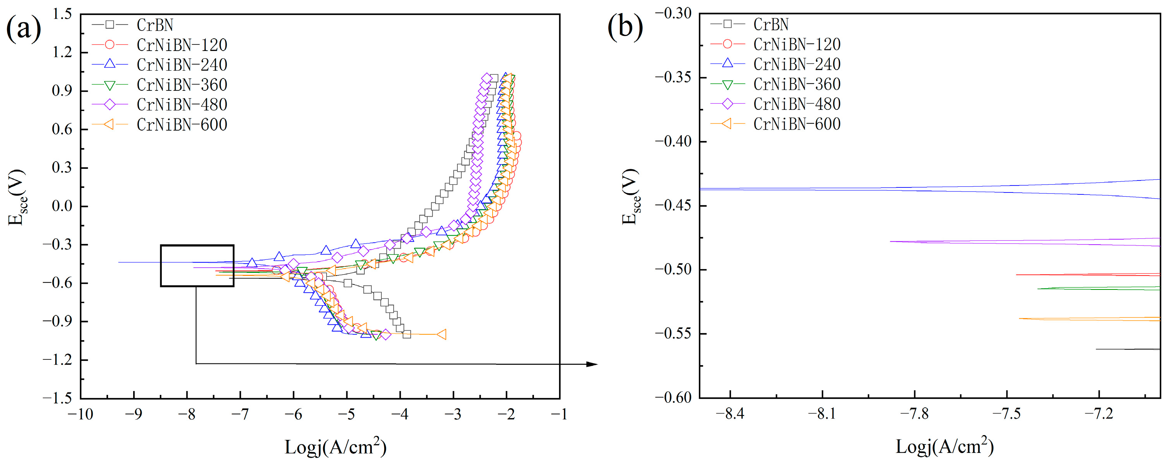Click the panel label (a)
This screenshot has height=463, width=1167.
pos(24,28)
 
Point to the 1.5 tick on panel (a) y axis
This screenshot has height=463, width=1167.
pos(62,14)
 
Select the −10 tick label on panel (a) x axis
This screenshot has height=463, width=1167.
pos(80,414)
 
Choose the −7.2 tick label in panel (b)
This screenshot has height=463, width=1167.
pos(1098,414)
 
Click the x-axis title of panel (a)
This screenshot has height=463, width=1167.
pos(335,447)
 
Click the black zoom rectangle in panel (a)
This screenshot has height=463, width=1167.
pos(197,246)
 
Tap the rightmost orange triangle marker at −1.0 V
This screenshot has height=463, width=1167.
pos(441,335)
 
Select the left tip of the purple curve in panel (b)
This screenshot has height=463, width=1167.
pos(891,241)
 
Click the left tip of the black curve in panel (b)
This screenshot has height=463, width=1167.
pos(1096,349)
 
